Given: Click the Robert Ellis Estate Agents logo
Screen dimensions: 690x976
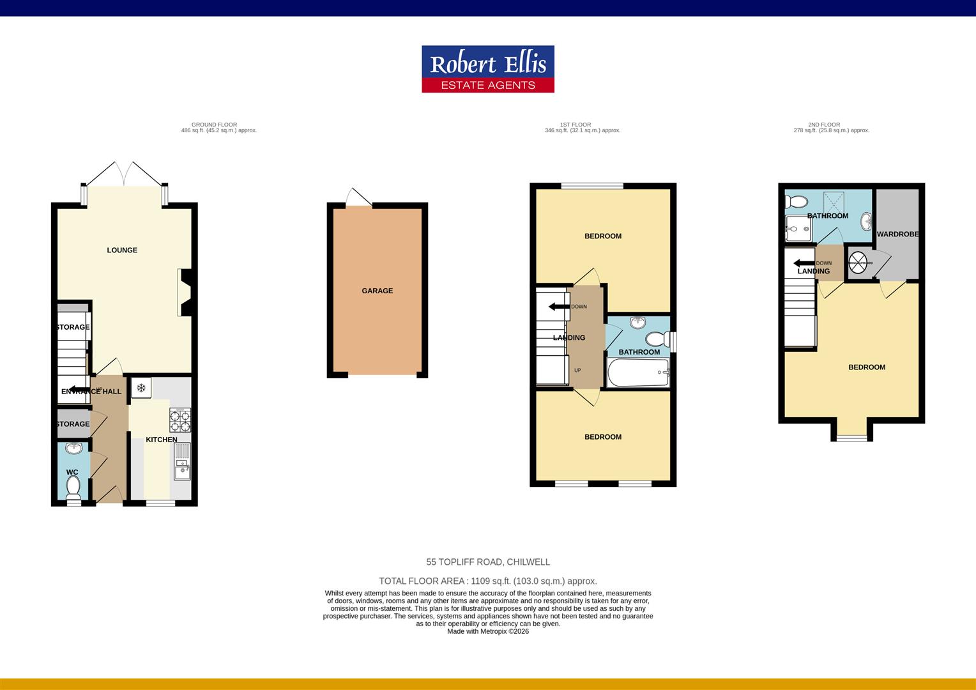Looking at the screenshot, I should pos(487,69).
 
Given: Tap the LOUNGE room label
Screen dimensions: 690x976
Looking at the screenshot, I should pos(122,250).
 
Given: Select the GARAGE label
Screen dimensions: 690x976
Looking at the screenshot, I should pos(377,291).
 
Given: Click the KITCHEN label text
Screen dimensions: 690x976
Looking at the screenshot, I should pos(162,440).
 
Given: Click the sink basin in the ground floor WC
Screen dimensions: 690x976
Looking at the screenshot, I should pos(74,448).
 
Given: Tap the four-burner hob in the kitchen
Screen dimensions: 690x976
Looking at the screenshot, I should pos(179,420).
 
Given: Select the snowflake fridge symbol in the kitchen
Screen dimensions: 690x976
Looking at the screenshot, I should pos(141,388).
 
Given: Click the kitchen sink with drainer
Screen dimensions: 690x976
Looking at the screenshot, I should pos(182,462).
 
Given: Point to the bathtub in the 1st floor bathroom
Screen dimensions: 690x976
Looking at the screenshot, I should pos(637,372).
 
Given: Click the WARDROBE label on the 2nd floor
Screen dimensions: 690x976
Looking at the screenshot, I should pos(897,234).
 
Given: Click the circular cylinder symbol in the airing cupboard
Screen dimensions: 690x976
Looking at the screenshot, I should pos(857,263).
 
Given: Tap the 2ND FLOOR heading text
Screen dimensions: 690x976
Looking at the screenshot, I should pos(824,125).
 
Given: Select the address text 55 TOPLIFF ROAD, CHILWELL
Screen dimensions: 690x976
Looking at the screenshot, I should pos(488,562).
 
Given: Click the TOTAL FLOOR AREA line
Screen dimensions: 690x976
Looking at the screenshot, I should pos(488,581).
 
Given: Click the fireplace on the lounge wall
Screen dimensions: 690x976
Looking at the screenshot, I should pos(185,293).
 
